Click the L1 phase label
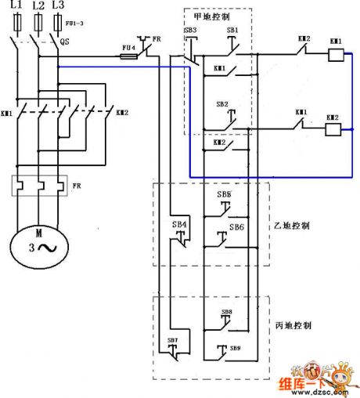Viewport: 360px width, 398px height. click(16, 5)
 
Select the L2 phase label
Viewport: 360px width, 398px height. click(38, 5)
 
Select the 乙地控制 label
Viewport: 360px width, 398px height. click(294, 225)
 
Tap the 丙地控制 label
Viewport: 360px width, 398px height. click(294, 324)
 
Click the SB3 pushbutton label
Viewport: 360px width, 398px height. click(191, 30)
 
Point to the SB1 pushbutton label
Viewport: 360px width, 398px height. click(232, 30)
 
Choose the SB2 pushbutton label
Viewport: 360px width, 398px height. click(222, 103)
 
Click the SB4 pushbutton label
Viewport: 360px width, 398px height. click(179, 224)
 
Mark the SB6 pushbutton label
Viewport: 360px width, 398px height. click(236, 227)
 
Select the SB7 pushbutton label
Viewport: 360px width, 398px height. click(172, 340)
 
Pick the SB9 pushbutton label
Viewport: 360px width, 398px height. click(235, 347)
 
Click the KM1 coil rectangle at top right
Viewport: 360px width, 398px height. click(336, 55)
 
